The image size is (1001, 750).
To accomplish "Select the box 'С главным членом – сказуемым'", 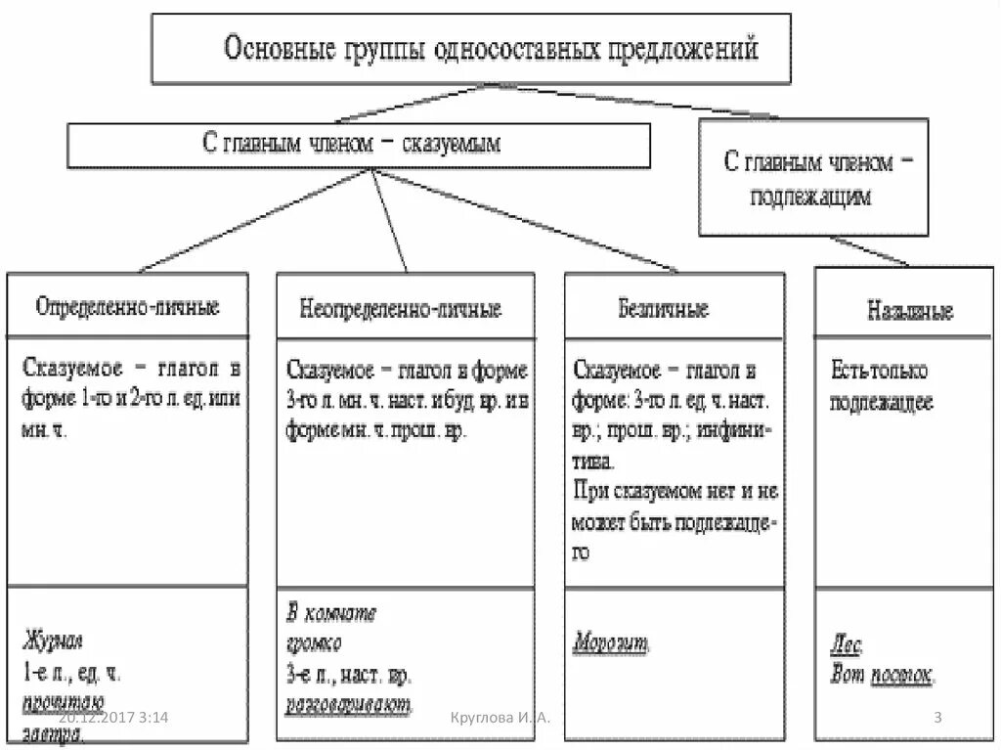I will click(358, 145).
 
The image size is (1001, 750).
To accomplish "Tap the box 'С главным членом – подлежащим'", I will click(813, 177).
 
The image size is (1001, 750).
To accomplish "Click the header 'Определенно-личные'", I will click(127, 306).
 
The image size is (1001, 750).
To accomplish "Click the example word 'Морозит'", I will click(609, 644).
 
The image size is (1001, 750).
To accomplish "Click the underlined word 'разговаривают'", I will click(349, 703).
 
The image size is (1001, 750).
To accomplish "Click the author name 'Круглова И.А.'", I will click(500, 719).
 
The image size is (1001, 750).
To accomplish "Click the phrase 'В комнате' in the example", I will click(331, 613).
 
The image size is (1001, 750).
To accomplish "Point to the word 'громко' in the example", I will click(314, 644).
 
